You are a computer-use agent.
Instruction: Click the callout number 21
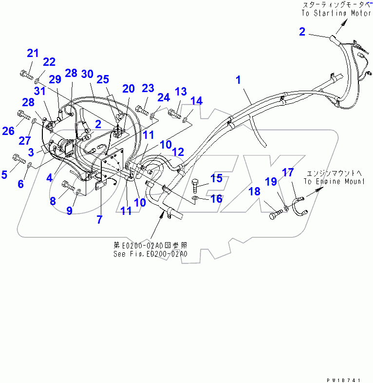33,53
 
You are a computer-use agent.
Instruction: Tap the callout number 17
288,172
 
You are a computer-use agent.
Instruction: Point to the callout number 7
99,219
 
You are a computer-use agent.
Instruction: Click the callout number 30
87,74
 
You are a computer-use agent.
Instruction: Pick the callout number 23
148,88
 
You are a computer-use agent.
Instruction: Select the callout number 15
216,178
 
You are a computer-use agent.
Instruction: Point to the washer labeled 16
195,199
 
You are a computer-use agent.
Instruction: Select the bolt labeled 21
27,75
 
